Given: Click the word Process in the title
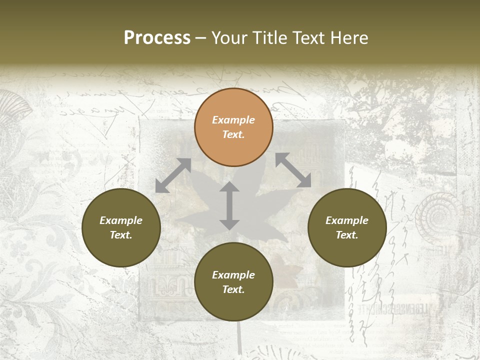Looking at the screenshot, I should click(157, 38).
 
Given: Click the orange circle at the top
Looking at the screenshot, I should click(233, 127).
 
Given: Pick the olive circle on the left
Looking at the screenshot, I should click(121, 228).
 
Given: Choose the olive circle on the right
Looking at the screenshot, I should click(347, 228).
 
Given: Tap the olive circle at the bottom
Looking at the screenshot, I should click(233, 282).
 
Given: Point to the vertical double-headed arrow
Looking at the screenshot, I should click(229, 205).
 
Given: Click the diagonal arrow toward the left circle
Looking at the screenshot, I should click(173, 175).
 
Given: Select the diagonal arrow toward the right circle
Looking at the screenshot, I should click(293, 170).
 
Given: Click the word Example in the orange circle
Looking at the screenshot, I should click(233, 120).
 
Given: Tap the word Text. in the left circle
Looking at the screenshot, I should click(121, 235).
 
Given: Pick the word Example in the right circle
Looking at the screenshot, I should click(347, 220).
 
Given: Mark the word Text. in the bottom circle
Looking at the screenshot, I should click(233, 289).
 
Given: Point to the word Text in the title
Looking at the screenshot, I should click(310, 38).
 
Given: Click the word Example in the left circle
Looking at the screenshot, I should click(121, 220).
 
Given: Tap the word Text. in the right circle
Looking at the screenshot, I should click(347, 235).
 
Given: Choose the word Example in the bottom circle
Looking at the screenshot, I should click(233, 275).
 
